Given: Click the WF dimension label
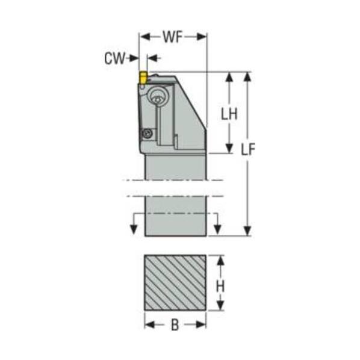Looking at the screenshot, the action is [173, 37].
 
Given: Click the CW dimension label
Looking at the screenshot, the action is [115, 58].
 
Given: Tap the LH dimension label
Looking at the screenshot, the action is [229, 114].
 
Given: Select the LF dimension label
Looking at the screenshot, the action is [248, 149].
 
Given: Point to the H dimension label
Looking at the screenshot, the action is [220, 287].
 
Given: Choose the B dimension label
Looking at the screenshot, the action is [175, 325].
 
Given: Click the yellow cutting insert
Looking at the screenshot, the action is [143, 77].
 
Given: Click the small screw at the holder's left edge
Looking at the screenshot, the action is [147, 133].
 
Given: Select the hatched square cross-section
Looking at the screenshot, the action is [175, 282].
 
